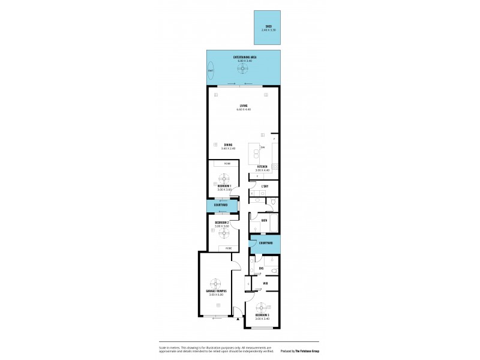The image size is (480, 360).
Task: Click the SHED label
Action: (x=269, y=26)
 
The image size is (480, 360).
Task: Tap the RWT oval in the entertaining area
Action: (x=211, y=71)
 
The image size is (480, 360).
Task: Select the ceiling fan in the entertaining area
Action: (x=243, y=69)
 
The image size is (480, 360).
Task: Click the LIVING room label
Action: (x=243, y=106)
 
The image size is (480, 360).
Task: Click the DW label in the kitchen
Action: (x=262, y=148)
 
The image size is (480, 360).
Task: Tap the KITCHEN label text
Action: (x=262, y=166)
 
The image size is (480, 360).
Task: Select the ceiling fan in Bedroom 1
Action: (x=224, y=178)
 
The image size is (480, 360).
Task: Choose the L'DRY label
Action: (x=265, y=186)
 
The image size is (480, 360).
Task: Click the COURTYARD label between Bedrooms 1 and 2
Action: (x=221, y=205)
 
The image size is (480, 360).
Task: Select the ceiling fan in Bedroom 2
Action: (x=224, y=232)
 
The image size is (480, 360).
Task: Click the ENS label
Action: (x=261, y=268)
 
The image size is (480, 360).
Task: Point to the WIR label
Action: (x=265, y=283)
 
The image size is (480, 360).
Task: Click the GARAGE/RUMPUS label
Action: (x=214, y=292)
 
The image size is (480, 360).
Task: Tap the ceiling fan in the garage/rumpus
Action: (x=214, y=283)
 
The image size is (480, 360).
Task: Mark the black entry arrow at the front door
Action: (x=239, y=320)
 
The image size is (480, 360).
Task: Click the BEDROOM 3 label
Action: (x=262, y=315)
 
